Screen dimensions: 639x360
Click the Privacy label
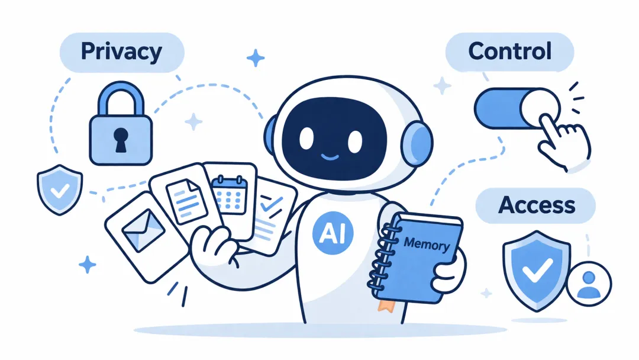coord(121,52)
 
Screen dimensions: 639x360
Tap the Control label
coord(509,52)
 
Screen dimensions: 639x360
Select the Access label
coord(536,205)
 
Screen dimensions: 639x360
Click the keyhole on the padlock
coord(121,140)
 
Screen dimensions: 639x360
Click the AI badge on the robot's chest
coord(333,233)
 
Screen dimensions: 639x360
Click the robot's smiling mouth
coord(330,157)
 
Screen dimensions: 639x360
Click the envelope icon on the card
coord(143,230)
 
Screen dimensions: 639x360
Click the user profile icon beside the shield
coord(589,284)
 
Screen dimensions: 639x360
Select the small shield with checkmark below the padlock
coord(60,189)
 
